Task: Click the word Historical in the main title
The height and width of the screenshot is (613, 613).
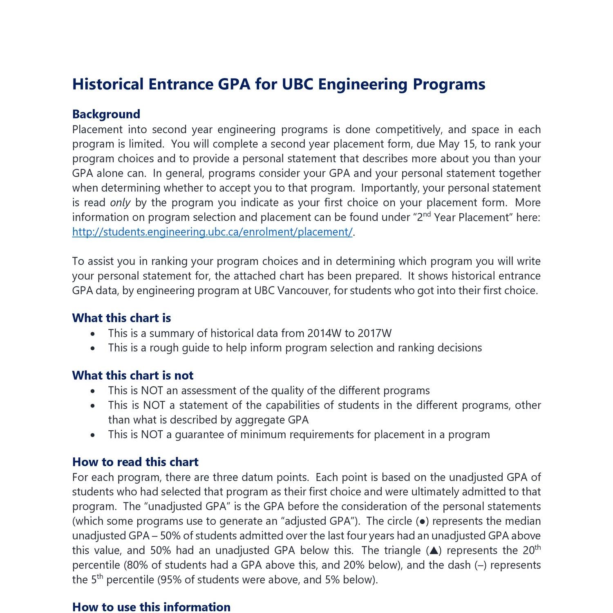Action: click(108, 84)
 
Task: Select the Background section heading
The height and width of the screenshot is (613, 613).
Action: click(106, 114)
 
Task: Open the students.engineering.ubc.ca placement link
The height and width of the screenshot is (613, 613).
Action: click(212, 232)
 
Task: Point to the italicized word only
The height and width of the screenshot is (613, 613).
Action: click(120, 203)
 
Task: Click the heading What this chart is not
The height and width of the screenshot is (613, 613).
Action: click(133, 376)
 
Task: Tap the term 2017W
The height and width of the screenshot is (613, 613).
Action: click(374, 333)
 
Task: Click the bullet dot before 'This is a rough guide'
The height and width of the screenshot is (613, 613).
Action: click(94, 349)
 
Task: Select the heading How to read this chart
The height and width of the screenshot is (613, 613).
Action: click(135, 462)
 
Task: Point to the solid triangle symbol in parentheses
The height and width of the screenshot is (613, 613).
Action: click(434, 551)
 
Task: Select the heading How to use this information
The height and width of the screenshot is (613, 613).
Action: click(151, 607)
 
